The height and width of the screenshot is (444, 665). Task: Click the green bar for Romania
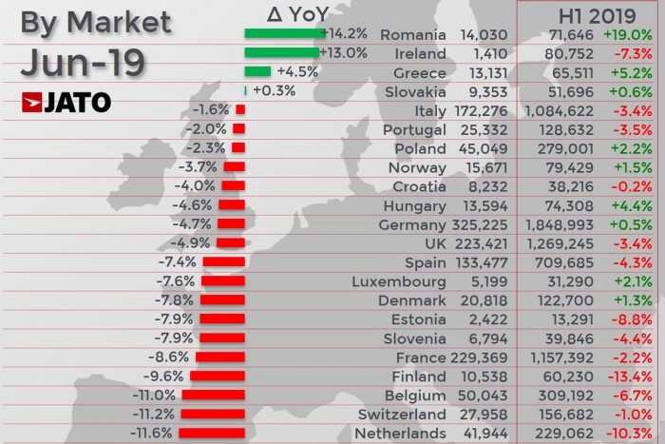pyautogui.click(x=283, y=34)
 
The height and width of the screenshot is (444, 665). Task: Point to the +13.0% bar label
pyautogui.click(x=343, y=53)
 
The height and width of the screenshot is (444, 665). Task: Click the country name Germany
pyautogui.click(x=412, y=224)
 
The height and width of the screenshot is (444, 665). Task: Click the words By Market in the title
pyautogui.click(x=96, y=21)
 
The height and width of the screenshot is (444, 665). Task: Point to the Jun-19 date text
pyautogui.click(x=82, y=63)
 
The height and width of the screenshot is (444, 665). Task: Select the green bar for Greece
pyautogui.click(x=257, y=72)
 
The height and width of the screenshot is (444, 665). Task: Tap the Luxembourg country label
pyautogui.click(x=398, y=281)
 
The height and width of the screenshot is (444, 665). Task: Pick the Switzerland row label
pyautogui.click(x=402, y=414)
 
